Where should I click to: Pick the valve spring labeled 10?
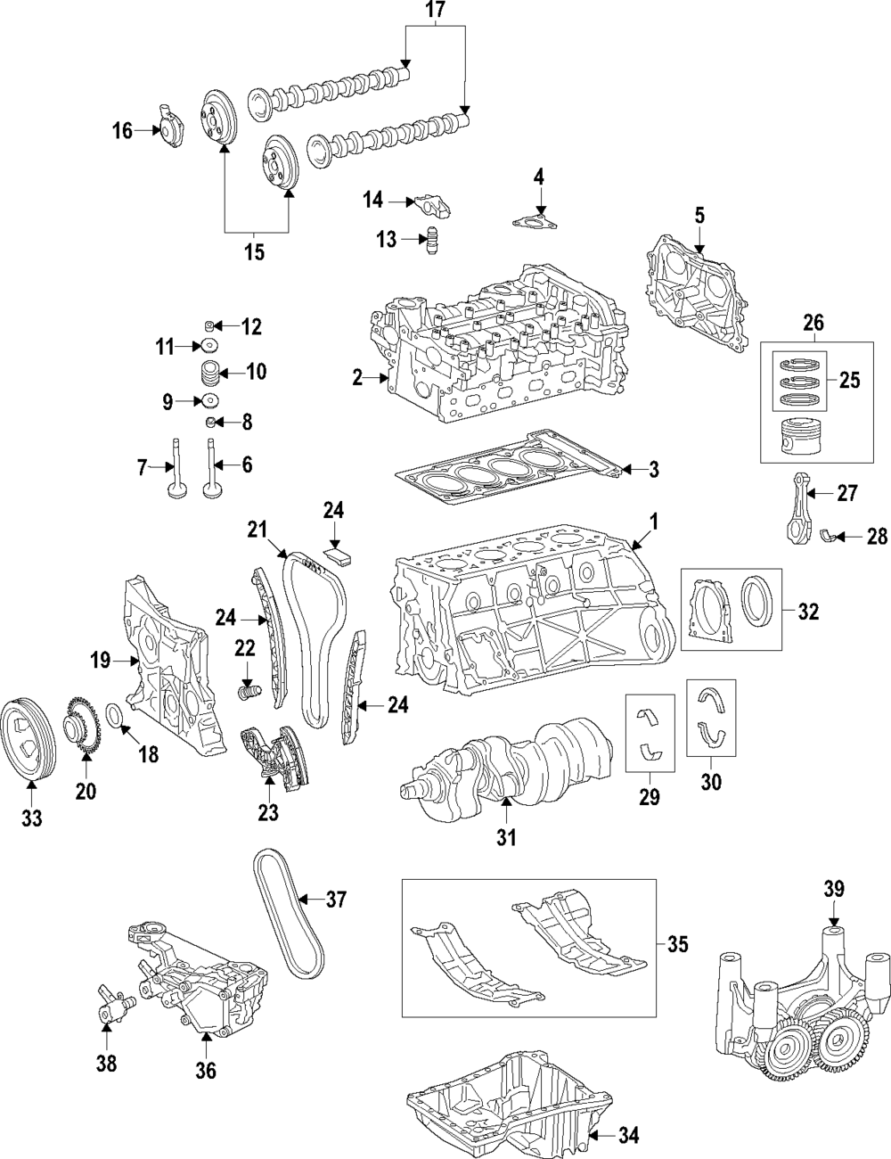[209, 371]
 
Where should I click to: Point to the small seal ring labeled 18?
[117, 714]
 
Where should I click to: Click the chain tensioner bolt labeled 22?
[247, 692]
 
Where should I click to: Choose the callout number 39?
[833, 889]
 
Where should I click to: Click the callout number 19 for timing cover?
[100, 661]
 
